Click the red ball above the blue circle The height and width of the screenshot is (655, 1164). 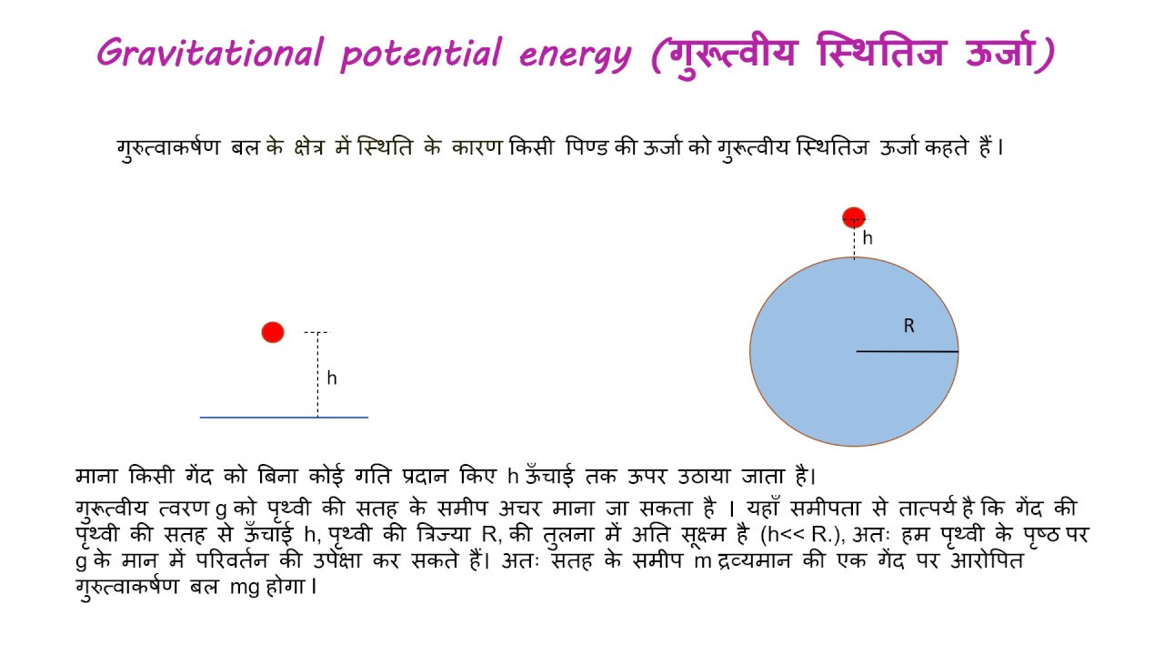click(x=854, y=217)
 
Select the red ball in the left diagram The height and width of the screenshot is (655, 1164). click(x=273, y=333)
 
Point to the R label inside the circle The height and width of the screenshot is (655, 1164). click(x=908, y=326)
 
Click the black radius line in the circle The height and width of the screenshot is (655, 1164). click(x=907, y=351)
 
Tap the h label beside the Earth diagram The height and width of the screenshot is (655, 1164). click(x=868, y=238)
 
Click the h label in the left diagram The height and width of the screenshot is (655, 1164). click(x=332, y=378)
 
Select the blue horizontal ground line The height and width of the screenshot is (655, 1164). click(x=284, y=418)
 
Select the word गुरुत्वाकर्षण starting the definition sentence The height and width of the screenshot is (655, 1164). click(x=168, y=147)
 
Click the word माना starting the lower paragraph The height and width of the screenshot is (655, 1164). click(x=97, y=476)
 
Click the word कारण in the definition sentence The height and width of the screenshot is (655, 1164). click(x=477, y=147)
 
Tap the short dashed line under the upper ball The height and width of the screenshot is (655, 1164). click(x=854, y=243)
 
